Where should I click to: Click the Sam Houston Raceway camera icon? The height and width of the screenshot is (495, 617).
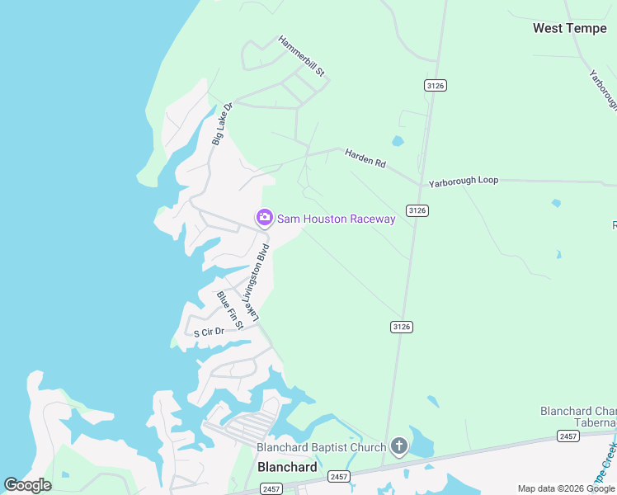[265, 218]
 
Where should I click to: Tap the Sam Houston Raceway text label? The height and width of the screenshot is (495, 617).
[337, 219]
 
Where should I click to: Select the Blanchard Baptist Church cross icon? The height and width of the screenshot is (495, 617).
[398, 447]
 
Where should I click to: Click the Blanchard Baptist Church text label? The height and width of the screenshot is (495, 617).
[321, 448]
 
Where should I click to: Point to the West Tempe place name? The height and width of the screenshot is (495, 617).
[571, 28]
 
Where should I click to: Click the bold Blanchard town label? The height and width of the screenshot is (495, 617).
[287, 467]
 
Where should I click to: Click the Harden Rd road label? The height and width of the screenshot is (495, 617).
[365, 158]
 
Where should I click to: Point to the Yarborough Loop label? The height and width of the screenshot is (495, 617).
[464, 181]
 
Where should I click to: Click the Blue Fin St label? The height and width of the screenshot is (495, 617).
[230, 310]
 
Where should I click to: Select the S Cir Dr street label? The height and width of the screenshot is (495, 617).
[209, 332]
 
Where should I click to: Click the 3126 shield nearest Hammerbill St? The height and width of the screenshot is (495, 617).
[436, 85]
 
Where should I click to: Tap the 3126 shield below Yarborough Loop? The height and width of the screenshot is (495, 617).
[417, 210]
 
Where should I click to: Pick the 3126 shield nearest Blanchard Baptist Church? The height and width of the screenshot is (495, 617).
[401, 327]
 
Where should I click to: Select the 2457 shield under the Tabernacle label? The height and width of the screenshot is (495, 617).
[568, 435]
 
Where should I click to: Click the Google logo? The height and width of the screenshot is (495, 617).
[27, 485]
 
